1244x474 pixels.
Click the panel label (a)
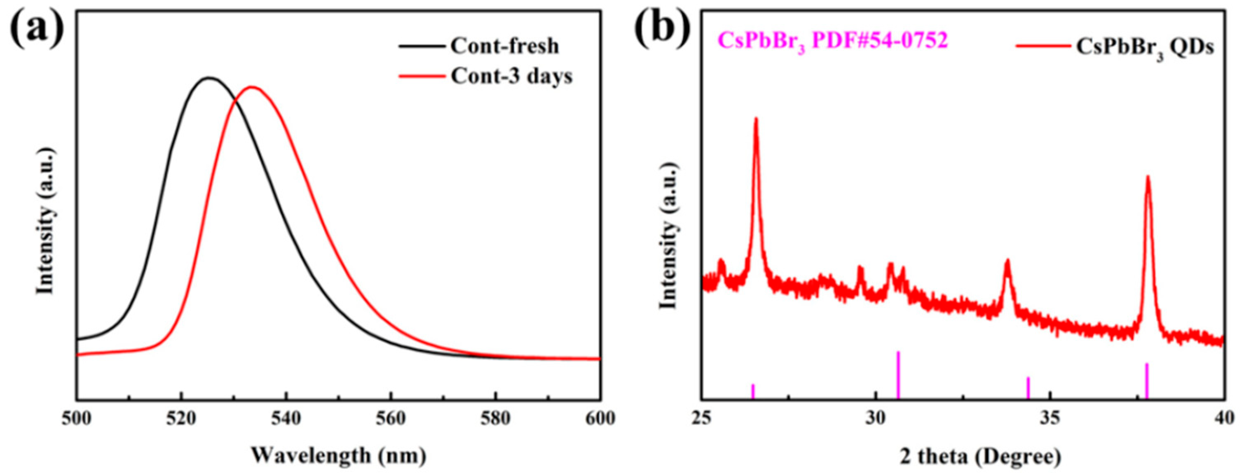(36, 26)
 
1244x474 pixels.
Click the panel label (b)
(662, 26)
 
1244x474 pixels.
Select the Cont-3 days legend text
(511, 76)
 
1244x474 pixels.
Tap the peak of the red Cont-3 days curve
(252, 88)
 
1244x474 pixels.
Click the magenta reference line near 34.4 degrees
(1028, 388)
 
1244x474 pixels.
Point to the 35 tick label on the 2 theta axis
(1050, 418)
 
